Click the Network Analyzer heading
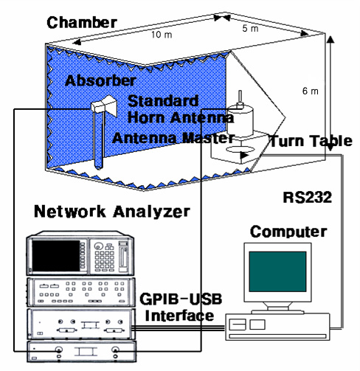click(x=111, y=212)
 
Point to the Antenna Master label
click(x=173, y=138)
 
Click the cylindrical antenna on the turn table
click(x=238, y=119)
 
